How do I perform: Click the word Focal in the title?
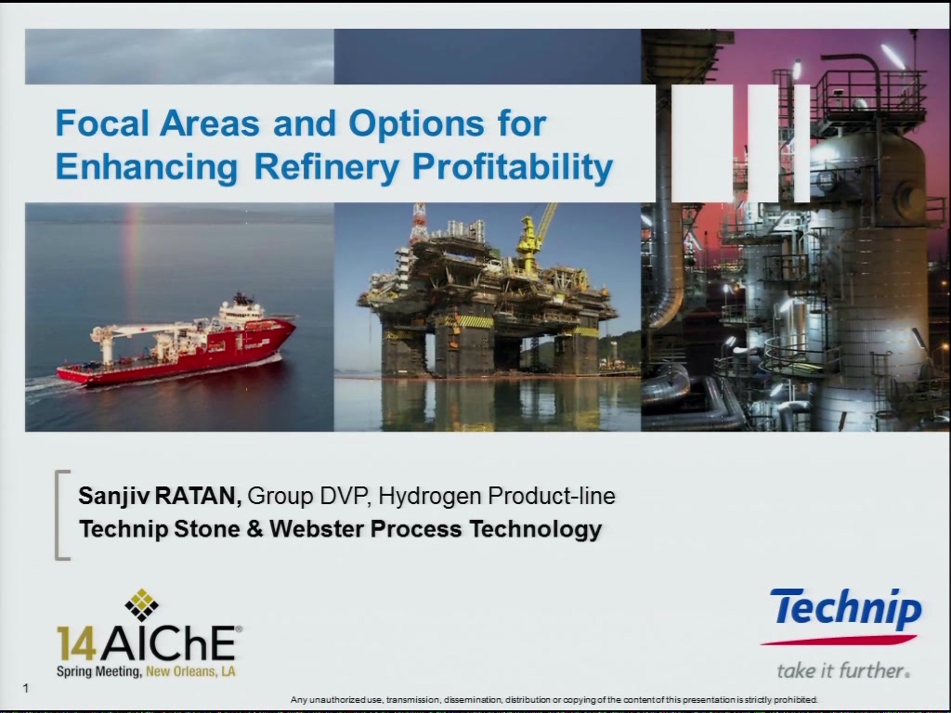[102, 123]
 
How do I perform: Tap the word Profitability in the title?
[513, 166]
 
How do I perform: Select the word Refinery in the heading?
[326, 167]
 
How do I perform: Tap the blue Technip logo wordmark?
[847, 609]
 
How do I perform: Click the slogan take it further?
[843, 670]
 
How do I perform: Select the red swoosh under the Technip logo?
[839, 640]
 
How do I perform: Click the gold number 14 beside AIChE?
[76, 644]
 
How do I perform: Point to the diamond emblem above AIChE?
[141, 604]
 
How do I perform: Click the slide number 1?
[25, 688]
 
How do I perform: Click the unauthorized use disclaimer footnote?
[554, 700]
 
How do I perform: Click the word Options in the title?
[417, 124]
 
